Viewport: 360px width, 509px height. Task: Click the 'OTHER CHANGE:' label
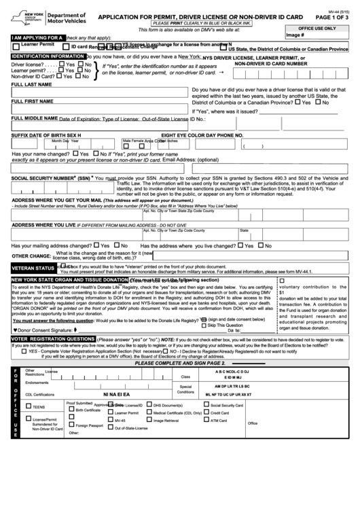click(31, 256)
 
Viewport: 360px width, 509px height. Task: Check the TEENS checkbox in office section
click(28, 406)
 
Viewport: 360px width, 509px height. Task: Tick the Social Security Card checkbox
click(206, 405)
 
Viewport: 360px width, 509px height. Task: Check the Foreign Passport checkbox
click(71, 425)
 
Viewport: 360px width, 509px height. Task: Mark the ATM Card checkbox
click(206, 420)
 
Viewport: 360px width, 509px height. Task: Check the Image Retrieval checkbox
click(149, 420)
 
